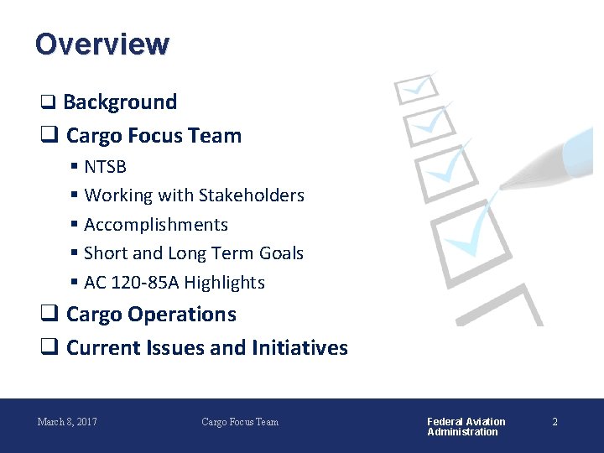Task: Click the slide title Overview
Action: pyautogui.click(x=102, y=44)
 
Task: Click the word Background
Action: pyautogui.click(x=120, y=102)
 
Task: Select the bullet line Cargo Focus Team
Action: pyautogui.click(x=154, y=136)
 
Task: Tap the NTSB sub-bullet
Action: pyautogui.click(x=105, y=167)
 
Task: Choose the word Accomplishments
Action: pyautogui.click(x=156, y=225)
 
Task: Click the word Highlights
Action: pyautogui.click(x=224, y=283)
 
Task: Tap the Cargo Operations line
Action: pyautogui.click(x=151, y=315)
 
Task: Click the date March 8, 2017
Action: pyautogui.click(x=67, y=421)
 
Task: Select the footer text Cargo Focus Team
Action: pyautogui.click(x=240, y=421)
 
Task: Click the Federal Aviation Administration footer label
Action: pyautogui.click(x=466, y=426)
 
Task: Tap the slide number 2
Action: pyautogui.click(x=555, y=421)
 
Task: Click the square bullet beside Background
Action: pyautogui.click(x=48, y=103)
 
